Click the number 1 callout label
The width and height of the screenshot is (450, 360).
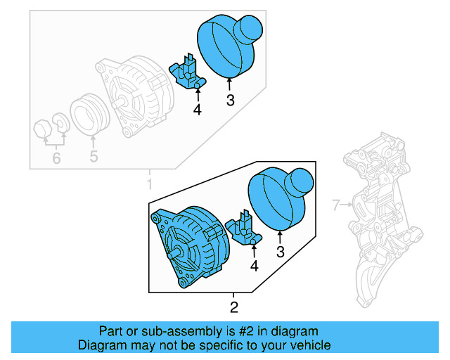(148, 184)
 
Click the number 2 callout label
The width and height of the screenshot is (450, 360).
(234, 307)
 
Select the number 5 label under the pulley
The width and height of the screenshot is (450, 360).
(94, 157)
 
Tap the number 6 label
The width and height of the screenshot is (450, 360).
(56, 159)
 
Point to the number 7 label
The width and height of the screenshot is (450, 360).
(336, 205)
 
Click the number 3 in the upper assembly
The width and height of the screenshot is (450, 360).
(230, 101)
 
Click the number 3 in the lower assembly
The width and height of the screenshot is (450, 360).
(281, 251)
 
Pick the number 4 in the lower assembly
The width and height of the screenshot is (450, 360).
(254, 266)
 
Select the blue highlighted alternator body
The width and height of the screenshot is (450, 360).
(192, 243)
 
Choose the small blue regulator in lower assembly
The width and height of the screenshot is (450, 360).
(244, 229)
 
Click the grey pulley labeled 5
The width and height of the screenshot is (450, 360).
(91, 114)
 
